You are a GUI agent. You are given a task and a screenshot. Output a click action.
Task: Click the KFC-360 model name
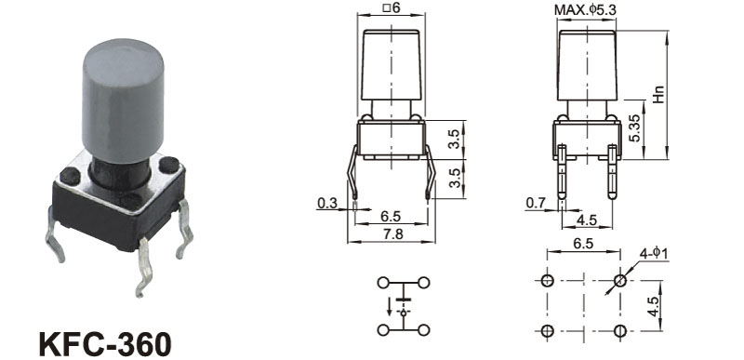point(105,343)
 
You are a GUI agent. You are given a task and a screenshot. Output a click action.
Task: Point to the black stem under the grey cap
point(119,173)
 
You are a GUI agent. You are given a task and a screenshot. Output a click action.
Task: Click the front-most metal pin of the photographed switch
point(145,268)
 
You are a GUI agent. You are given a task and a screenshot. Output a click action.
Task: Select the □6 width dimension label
point(391,7)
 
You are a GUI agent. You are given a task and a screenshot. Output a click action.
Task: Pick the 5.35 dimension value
point(634,128)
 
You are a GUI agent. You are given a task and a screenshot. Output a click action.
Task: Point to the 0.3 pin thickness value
point(327,203)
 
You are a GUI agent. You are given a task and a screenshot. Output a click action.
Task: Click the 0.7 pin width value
point(536,203)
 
